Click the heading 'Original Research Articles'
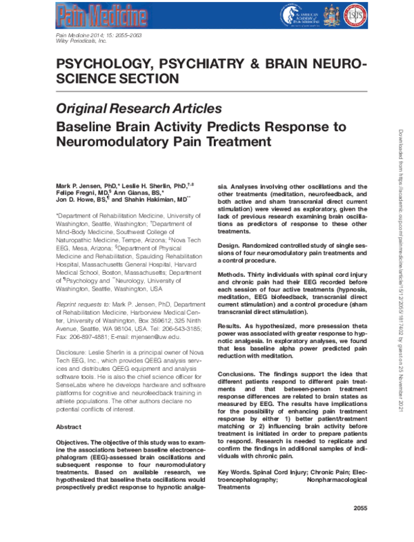tap(138, 109)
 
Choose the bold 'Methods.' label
tap(235, 273)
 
